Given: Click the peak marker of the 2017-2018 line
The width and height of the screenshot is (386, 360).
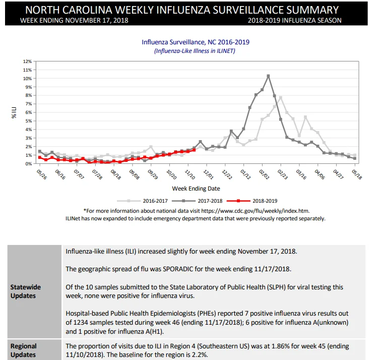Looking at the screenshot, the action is [x=268, y=76].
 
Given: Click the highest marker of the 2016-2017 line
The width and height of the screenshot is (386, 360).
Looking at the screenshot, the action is [x=281, y=98].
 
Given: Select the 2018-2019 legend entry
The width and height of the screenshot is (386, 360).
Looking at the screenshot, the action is [x=252, y=201].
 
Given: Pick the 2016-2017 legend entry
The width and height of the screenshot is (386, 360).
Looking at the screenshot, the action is [x=142, y=201].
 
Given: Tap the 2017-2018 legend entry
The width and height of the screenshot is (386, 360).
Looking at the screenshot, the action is [x=197, y=201].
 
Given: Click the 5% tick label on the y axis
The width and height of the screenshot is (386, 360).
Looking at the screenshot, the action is [x=28, y=121].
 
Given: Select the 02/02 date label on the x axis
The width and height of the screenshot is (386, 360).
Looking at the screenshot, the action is [x=264, y=174].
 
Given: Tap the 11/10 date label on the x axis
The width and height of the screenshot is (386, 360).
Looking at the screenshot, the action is [x=190, y=174].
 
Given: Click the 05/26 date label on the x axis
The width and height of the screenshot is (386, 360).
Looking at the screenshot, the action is [x=42, y=174].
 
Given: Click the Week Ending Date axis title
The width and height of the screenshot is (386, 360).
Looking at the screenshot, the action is [x=196, y=189].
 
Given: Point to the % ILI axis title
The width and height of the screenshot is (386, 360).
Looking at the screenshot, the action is [x=14, y=112].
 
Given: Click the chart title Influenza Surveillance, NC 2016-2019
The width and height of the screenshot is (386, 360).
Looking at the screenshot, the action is [x=196, y=42].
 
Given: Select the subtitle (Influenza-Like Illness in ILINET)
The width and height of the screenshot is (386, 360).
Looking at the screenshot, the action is [x=195, y=51].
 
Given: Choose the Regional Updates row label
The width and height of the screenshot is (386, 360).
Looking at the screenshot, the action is [x=23, y=350].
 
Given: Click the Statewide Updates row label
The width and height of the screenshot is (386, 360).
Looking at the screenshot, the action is [x=26, y=291].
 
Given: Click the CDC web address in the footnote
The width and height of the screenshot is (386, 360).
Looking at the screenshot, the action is [x=255, y=211].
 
